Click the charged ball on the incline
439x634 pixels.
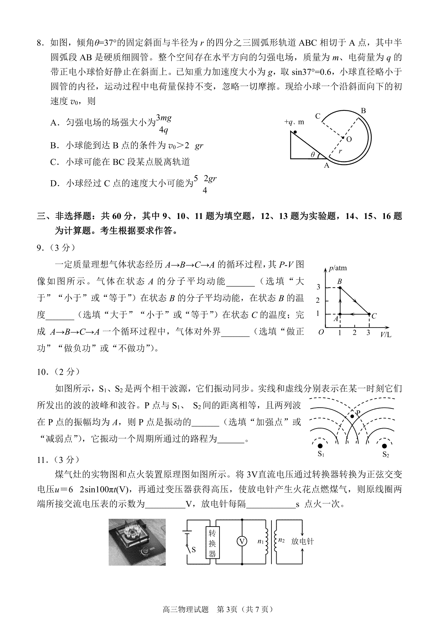[295, 132]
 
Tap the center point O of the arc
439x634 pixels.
[343, 138]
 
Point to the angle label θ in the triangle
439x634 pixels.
[313, 155]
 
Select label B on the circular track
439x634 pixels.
[363, 111]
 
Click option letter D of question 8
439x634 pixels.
[54, 184]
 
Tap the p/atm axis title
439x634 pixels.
[337, 268]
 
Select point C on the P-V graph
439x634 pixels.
[369, 314]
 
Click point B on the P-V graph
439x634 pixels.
[340, 288]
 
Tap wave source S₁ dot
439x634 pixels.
[320, 446]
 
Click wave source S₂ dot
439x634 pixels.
[385, 446]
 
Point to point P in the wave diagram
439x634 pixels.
[352, 416]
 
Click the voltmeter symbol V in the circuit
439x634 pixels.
[241, 541]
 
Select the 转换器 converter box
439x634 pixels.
[212, 542]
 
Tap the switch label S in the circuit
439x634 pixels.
[194, 549]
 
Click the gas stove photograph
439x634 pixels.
[137, 541]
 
